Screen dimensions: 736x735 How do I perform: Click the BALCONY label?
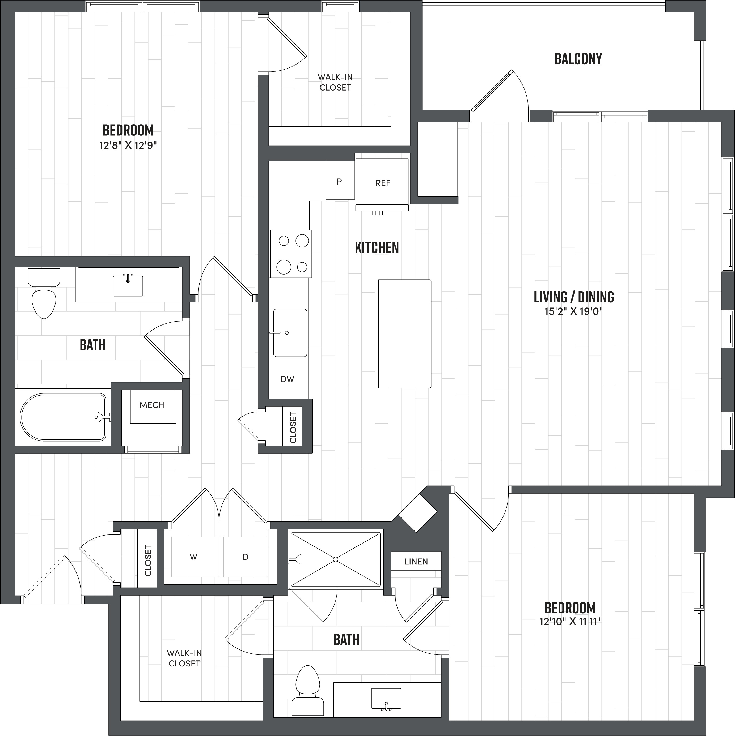578,59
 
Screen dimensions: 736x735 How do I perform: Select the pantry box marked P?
339,181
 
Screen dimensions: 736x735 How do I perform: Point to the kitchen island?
404,333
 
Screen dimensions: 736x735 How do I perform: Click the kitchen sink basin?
290,333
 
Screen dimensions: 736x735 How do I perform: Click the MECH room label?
152,405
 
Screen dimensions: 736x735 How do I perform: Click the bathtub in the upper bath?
63,417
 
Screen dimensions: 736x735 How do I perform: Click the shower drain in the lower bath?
335,559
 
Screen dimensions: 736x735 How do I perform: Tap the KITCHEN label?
377,248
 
